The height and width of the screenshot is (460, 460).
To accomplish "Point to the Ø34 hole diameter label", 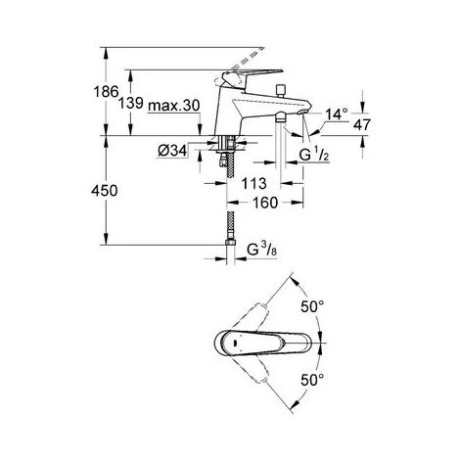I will [x=171, y=149].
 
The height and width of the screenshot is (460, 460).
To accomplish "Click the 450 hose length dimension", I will [x=113, y=192].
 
